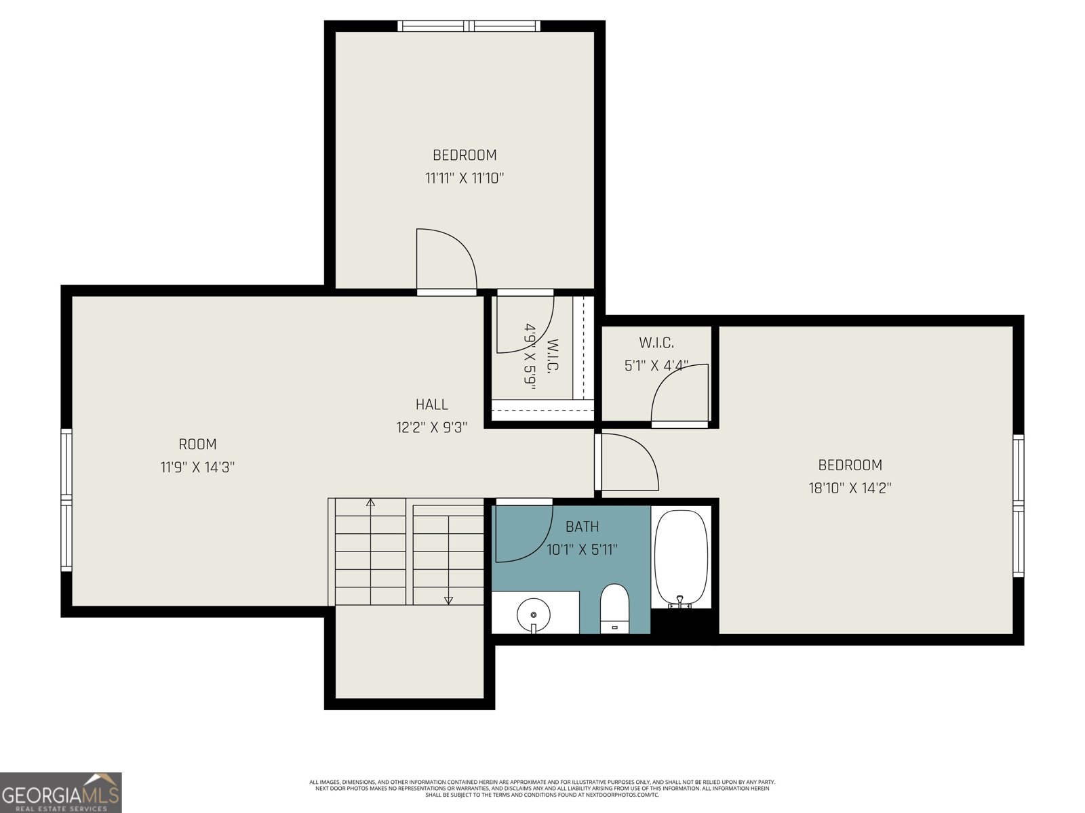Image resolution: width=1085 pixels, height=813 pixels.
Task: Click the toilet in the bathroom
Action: click(x=615, y=606)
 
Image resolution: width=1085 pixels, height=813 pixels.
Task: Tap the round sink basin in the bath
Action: click(x=534, y=614)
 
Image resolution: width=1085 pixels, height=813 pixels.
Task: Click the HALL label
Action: click(x=432, y=404)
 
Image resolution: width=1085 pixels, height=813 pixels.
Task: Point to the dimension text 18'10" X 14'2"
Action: click(x=850, y=488)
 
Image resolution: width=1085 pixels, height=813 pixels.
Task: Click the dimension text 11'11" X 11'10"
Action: click(x=465, y=178)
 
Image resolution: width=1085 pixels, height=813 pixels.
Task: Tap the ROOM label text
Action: click(x=197, y=444)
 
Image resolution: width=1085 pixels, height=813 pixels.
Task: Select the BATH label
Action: click(x=583, y=526)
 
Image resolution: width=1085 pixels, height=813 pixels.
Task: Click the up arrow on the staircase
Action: click(x=370, y=503)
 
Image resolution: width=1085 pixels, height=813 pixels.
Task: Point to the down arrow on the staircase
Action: click(x=448, y=600)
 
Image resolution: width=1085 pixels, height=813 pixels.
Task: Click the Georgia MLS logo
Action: click(x=61, y=793)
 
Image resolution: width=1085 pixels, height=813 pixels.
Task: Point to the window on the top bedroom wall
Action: click(x=469, y=26)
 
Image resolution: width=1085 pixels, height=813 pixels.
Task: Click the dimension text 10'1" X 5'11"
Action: click(x=583, y=549)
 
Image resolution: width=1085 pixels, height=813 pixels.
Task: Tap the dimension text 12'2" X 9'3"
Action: click(x=432, y=428)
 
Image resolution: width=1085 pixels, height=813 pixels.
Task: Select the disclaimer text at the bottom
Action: click(x=542, y=788)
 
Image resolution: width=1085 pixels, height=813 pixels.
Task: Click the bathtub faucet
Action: click(x=680, y=602)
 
